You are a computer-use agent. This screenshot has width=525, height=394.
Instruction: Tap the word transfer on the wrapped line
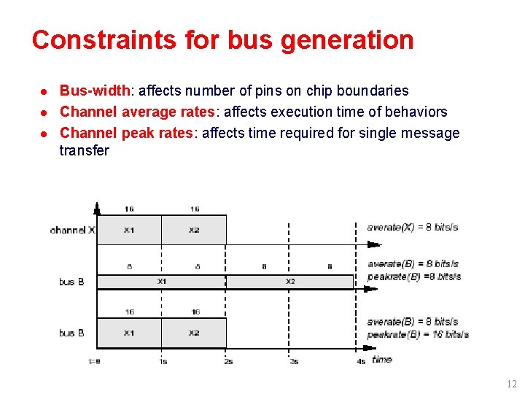pos(84,151)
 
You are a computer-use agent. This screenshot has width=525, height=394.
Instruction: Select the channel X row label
pos(72,230)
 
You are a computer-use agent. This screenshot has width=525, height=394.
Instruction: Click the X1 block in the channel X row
pos(129,230)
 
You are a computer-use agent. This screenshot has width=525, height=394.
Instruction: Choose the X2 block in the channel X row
pos(194,230)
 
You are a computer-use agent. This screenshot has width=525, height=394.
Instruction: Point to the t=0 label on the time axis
pos(95,361)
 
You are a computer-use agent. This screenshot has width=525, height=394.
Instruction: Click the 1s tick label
pos(163,361)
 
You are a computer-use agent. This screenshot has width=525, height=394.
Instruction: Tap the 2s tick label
pos(228,361)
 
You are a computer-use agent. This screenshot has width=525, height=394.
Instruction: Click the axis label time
pos(382,359)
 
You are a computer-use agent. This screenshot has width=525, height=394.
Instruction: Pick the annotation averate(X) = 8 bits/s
pos(412,227)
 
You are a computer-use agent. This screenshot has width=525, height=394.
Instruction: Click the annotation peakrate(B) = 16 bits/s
pos(418,335)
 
